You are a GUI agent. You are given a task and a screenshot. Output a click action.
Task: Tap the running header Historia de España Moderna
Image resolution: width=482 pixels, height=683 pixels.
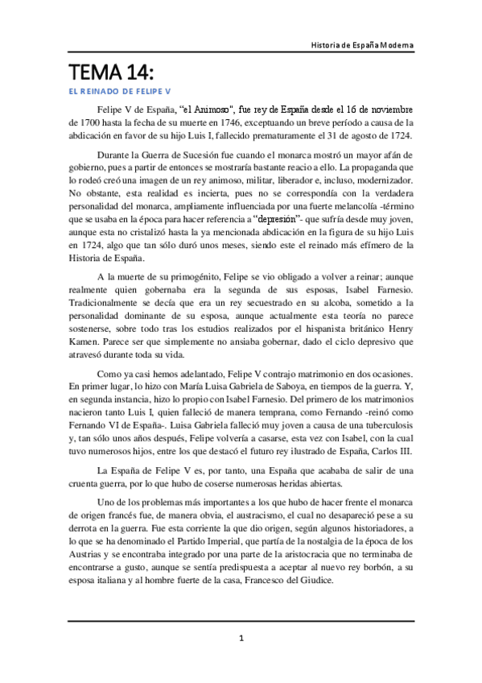[x=363, y=45]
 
